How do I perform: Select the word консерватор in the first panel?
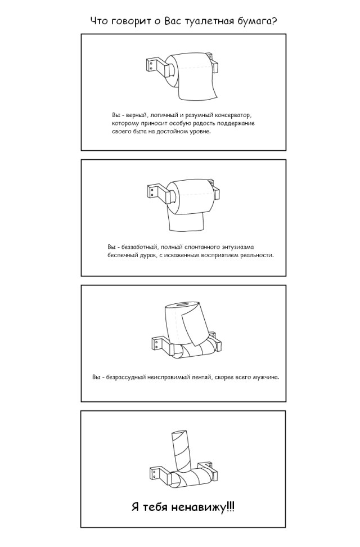point(233,115)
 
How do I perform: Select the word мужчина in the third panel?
point(265,378)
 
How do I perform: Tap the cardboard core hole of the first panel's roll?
point(172,68)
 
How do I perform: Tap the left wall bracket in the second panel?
point(157,192)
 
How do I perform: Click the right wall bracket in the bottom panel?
point(206,468)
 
